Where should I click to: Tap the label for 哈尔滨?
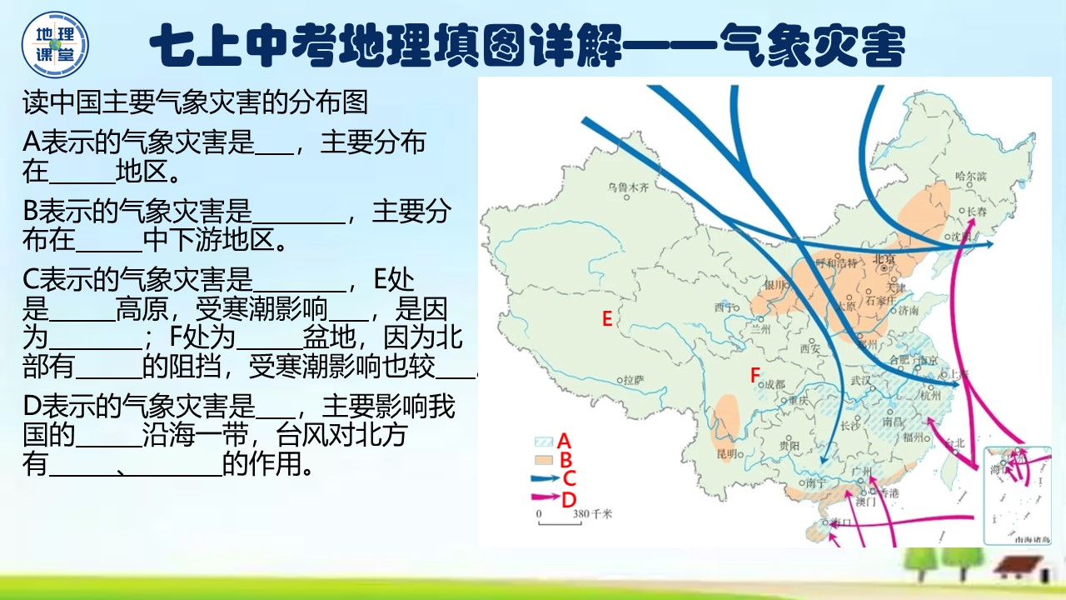970,176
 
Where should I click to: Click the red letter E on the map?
607,318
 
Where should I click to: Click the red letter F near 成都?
755,376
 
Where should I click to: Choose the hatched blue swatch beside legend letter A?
544,442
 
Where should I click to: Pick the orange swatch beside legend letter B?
544,459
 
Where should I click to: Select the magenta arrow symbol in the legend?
545,497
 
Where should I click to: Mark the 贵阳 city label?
789,446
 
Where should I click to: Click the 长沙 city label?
850,426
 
